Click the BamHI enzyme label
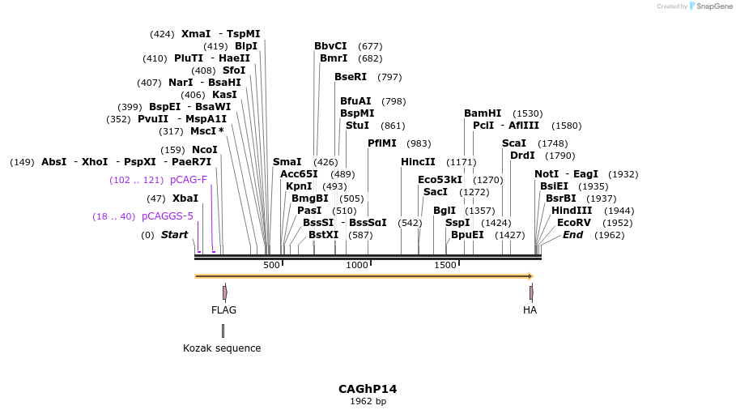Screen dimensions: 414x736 point(483,113)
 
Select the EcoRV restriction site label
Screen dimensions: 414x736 point(572,223)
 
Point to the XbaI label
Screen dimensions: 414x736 point(185,198)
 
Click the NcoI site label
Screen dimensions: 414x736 point(205,150)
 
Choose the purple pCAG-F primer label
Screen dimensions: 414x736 point(189,180)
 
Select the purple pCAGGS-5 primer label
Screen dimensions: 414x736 point(168,216)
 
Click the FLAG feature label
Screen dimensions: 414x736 point(224,310)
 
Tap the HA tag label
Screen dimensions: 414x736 point(530,310)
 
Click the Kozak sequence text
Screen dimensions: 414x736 point(222,348)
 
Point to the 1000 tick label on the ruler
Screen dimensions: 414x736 point(357,265)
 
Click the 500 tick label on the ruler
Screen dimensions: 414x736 point(271,265)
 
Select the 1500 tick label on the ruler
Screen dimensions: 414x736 point(445,265)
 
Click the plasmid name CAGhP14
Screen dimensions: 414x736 point(368,389)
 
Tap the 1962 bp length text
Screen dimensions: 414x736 point(368,401)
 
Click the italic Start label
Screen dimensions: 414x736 point(174,235)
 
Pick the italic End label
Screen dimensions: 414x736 point(572,235)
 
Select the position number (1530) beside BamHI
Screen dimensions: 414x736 point(528,113)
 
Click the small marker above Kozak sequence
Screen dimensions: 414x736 point(223,331)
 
